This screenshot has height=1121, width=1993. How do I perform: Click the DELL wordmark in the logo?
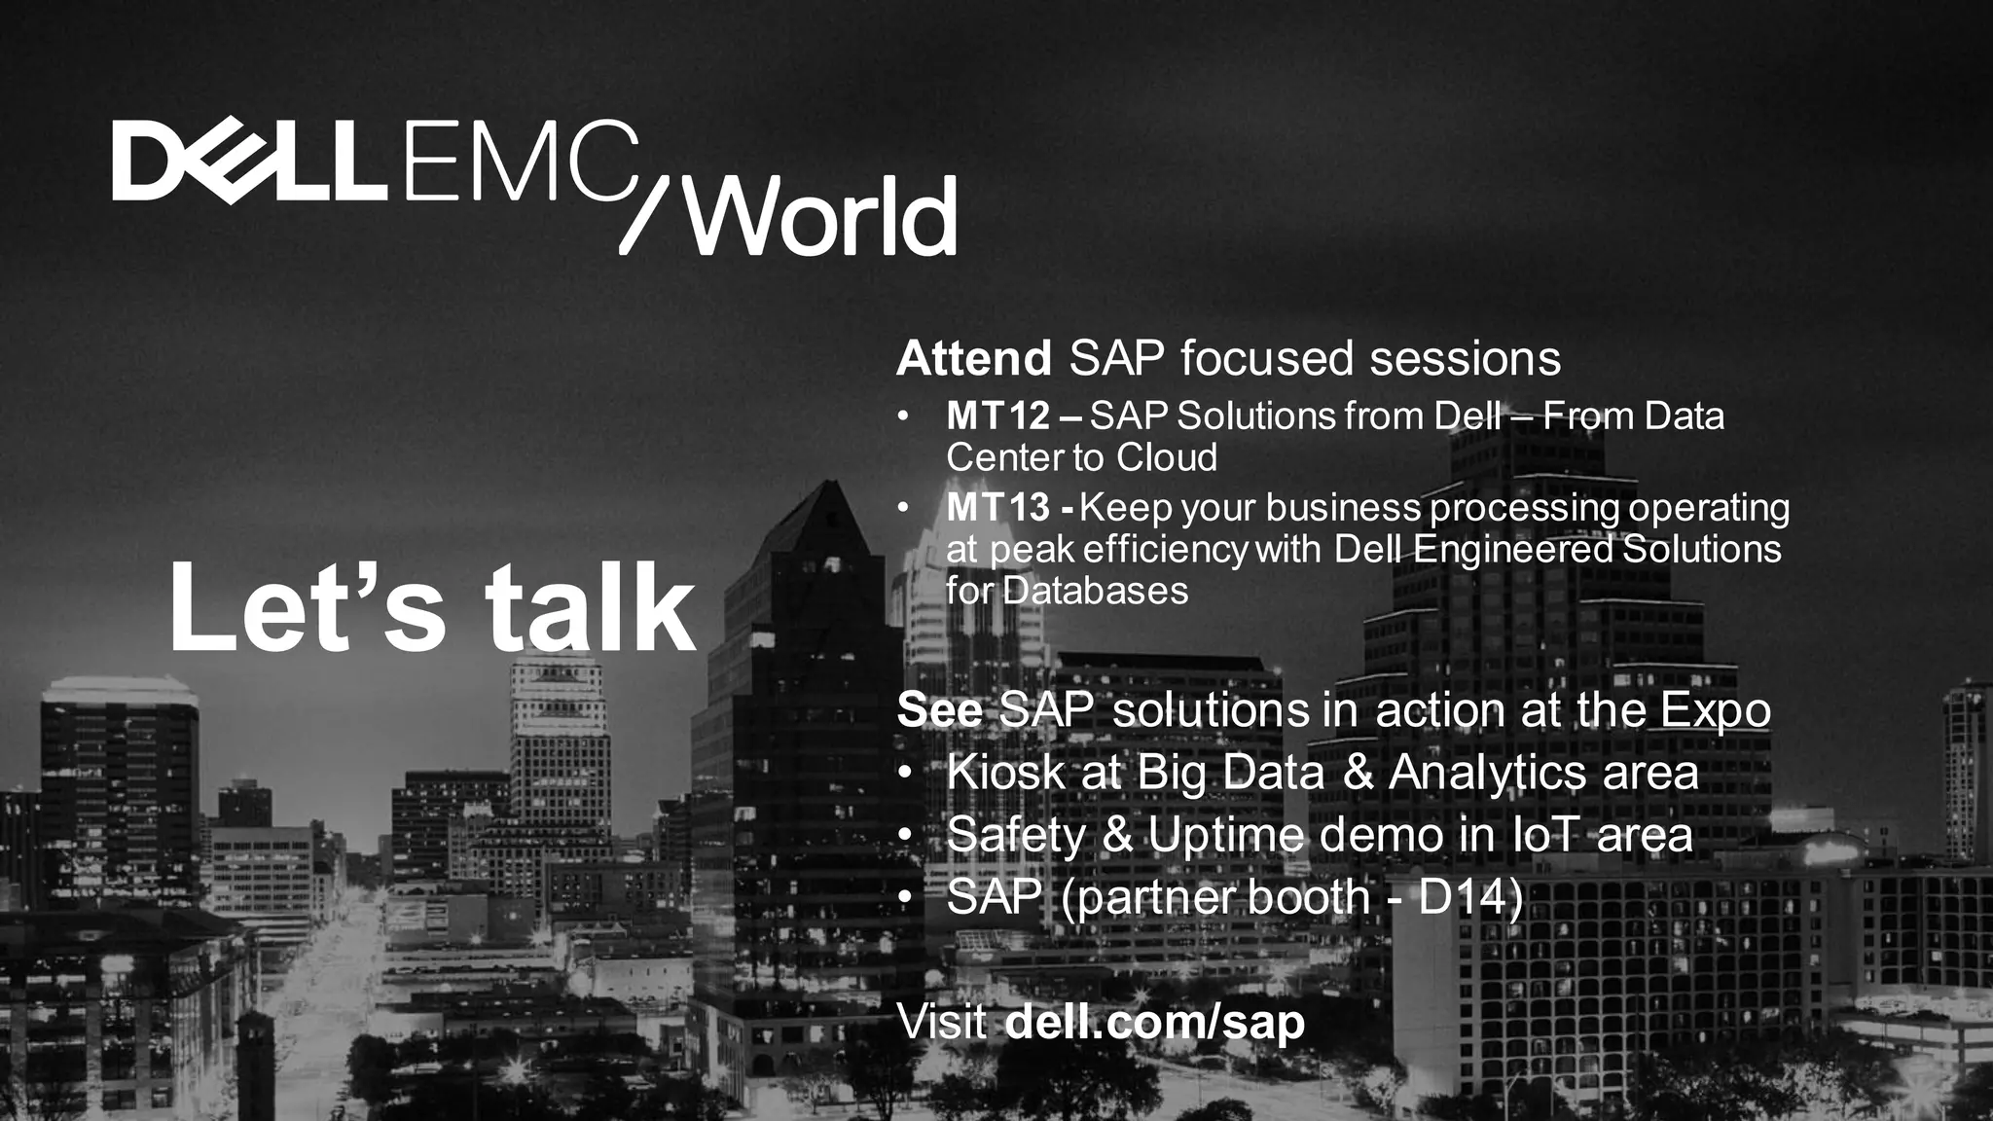(248, 163)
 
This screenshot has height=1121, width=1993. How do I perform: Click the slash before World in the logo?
(647, 216)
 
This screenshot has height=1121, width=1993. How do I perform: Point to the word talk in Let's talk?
(591, 608)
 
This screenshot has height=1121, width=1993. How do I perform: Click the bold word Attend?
(973, 358)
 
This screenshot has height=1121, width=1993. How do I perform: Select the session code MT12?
(997, 416)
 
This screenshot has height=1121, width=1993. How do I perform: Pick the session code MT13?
(997, 508)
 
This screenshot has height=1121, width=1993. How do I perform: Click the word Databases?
(1095, 591)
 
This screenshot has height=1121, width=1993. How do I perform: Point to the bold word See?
(939, 710)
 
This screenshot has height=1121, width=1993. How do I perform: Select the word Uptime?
(1225, 835)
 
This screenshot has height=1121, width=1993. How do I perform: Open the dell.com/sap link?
(1154, 1023)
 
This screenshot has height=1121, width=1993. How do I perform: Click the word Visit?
(941, 1023)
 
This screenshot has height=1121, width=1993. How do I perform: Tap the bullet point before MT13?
(904, 508)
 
